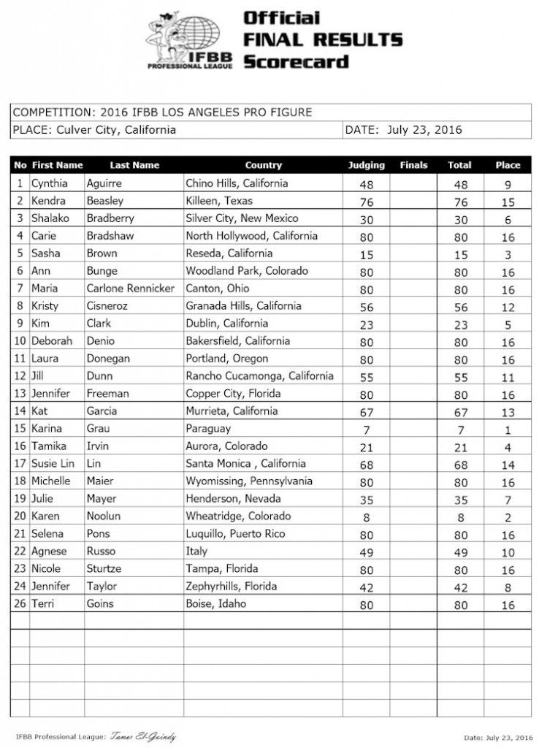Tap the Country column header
(x=263, y=166)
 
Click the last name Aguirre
(x=105, y=183)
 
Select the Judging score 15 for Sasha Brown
(x=367, y=254)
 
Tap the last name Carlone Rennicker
(x=130, y=289)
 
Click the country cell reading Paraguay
(x=208, y=429)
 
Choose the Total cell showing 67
(x=460, y=412)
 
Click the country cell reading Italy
(x=197, y=552)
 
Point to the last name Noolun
(x=104, y=516)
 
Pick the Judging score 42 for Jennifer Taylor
(x=367, y=587)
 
